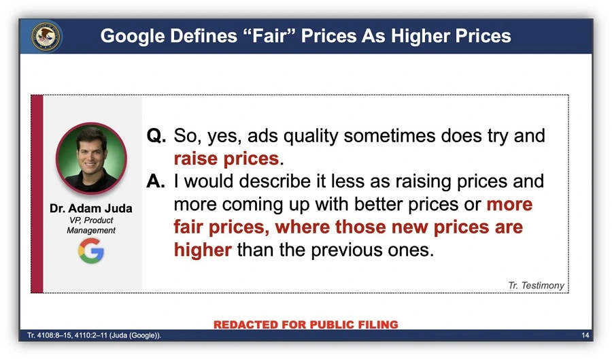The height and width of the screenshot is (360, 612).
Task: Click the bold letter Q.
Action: (156, 136)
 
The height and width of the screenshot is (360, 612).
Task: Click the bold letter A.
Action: (156, 181)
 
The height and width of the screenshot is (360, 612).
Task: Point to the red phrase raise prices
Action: (226, 159)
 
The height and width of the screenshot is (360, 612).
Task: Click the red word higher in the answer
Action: (203, 250)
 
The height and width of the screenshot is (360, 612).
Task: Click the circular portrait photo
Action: (91, 158)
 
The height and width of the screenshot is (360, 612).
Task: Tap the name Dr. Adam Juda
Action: (91, 208)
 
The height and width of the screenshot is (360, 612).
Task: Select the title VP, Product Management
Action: (91, 225)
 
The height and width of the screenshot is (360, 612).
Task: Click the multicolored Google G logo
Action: (91, 250)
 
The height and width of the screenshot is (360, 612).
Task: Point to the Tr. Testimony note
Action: (536, 285)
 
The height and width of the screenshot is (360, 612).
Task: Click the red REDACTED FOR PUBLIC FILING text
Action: (305, 325)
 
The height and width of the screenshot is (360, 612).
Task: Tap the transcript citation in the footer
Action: (94, 336)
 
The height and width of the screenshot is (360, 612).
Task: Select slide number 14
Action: (585, 336)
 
